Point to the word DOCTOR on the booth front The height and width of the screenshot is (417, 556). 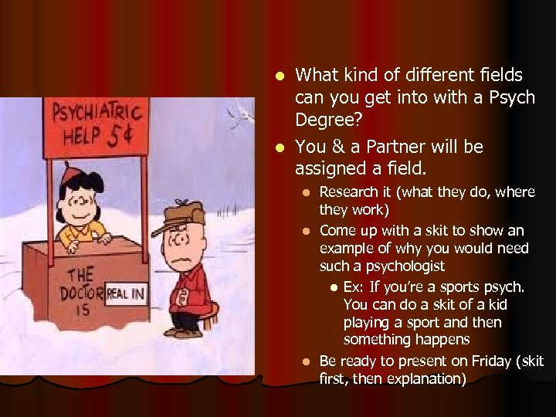pos(78,293)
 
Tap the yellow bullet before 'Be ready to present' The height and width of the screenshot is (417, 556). pos(307,361)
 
